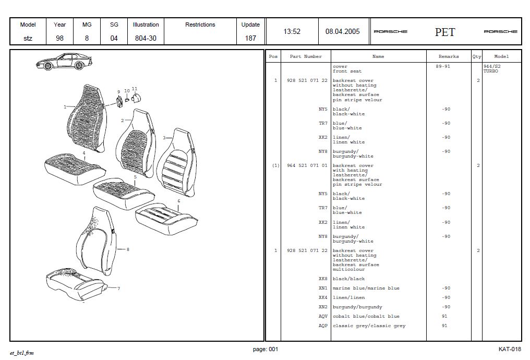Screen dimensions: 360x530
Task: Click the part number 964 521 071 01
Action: point(307,165)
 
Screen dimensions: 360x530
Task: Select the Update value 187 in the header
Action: point(250,38)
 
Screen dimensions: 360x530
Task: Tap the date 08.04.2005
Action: point(342,31)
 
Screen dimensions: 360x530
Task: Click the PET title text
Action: point(445,32)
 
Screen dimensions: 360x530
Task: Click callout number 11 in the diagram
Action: point(135,89)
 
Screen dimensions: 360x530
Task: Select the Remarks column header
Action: point(448,56)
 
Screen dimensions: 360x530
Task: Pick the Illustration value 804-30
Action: point(146,38)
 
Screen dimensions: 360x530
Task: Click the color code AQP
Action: point(323,326)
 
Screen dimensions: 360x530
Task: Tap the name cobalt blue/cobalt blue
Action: point(366,316)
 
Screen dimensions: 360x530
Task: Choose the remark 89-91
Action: point(442,66)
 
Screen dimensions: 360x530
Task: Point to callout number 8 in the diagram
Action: point(128,249)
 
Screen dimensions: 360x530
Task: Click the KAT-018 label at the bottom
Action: point(509,349)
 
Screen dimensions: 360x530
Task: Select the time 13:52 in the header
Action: point(292,31)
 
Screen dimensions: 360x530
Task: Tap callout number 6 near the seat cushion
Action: point(178,201)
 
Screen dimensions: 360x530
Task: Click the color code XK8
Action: point(323,279)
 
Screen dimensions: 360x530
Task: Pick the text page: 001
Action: point(266,349)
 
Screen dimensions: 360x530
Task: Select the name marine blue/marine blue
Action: point(366,288)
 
